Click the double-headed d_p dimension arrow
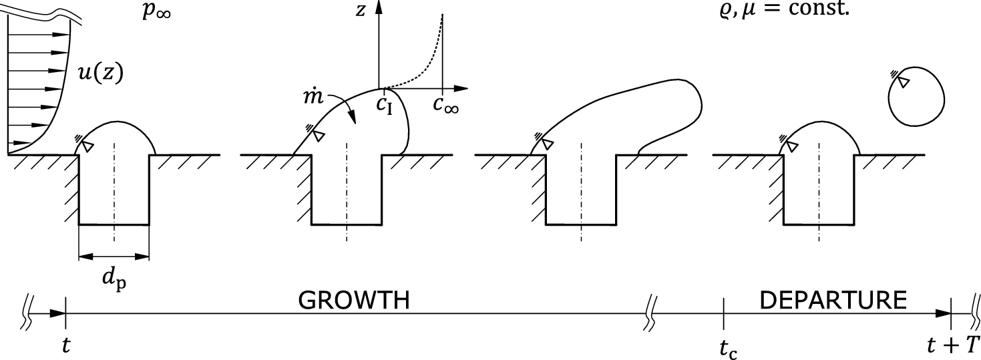(x=114, y=255)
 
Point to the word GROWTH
(x=353, y=301)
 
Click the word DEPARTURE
(x=833, y=301)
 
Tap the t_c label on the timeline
(x=727, y=348)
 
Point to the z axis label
(x=360, y=10)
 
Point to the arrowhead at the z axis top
(x=379, y=7)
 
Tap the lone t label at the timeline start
(x=65, y=346)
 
